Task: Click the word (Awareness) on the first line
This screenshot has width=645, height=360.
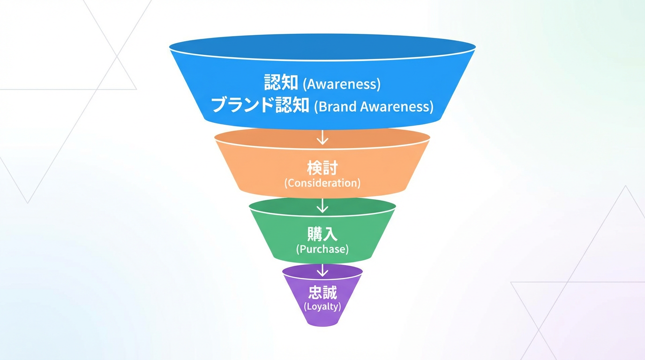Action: click(x=342, y=84)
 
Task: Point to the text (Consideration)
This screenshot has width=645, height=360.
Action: click(x=322, y=183)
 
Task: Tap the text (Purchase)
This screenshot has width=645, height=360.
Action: click(x=322, y=249)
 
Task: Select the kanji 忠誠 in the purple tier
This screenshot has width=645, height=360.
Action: click(x=322, y=293)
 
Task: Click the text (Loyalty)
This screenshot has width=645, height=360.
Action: click(x=322, y=307)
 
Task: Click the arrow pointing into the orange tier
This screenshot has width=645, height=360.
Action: click(x=322, y=137)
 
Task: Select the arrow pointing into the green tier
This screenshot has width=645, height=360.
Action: click(x=322, y=205)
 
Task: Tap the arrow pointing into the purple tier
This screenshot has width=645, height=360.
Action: click(x=322, y=270)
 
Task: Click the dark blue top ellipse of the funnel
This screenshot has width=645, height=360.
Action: click(x=322, y=46)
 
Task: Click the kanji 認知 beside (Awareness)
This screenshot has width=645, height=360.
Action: click(x=281, y=83)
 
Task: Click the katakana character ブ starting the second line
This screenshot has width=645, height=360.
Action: click(x=219, y=105)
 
